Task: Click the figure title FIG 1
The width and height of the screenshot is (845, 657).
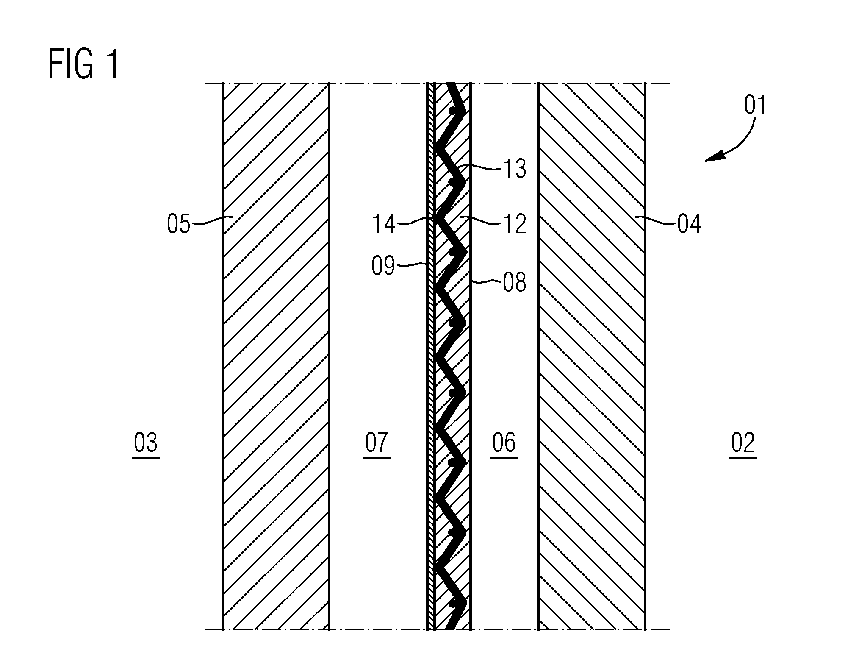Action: pyautogui.click(x=83, y=64)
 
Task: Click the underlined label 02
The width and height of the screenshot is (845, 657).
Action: pyautogui.click(x=743, y=443)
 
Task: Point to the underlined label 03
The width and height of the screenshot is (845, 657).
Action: pyautogui.click(x=146, y=443)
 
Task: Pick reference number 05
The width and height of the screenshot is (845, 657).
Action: pyautogui.click(x=179, y=224)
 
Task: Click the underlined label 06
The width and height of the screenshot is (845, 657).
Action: pyautogui.click(x=504, y=443)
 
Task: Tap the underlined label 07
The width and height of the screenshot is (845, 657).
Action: pyautogui.click(x=377, y=443)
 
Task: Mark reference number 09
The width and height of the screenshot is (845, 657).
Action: pyautogui.click(x=384, y=267)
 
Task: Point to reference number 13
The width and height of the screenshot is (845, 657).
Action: pyautogui.click(x=515, y=169)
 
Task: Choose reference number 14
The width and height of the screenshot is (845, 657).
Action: pyautogui.click(x=384, y=224)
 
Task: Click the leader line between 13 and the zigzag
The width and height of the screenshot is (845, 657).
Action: pyautogui.click(x=481, y=167)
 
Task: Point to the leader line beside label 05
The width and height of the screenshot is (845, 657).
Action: pyautogui.click(x=212, y=219)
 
